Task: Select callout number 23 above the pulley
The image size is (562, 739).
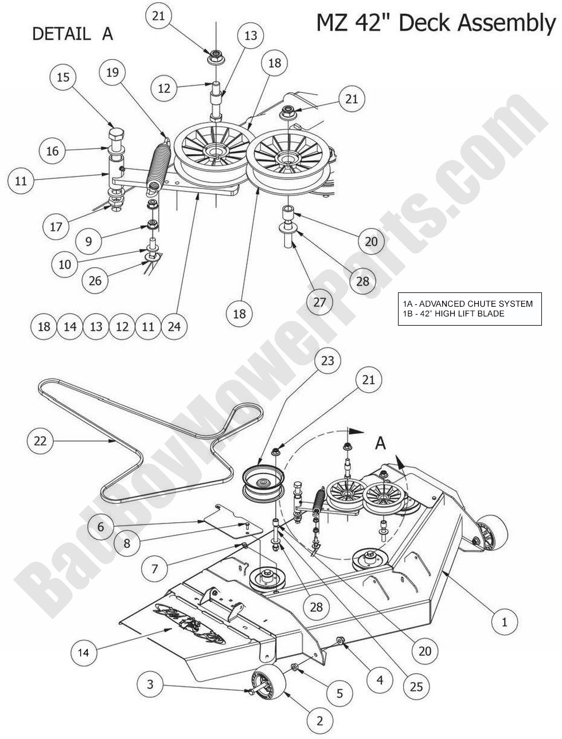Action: [328, 361]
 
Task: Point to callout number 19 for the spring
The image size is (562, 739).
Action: [112, 72]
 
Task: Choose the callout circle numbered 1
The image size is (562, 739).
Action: [505, 621]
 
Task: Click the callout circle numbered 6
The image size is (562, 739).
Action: [100, 526]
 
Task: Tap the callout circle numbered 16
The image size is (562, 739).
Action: [52, 151]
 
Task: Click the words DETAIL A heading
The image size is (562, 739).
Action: [72, 34]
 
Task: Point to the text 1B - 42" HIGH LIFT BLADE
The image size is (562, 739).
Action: [451, 314]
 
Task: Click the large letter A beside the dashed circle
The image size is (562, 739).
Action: [380, 442]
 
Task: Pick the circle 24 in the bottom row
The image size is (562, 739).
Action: [174, 326]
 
